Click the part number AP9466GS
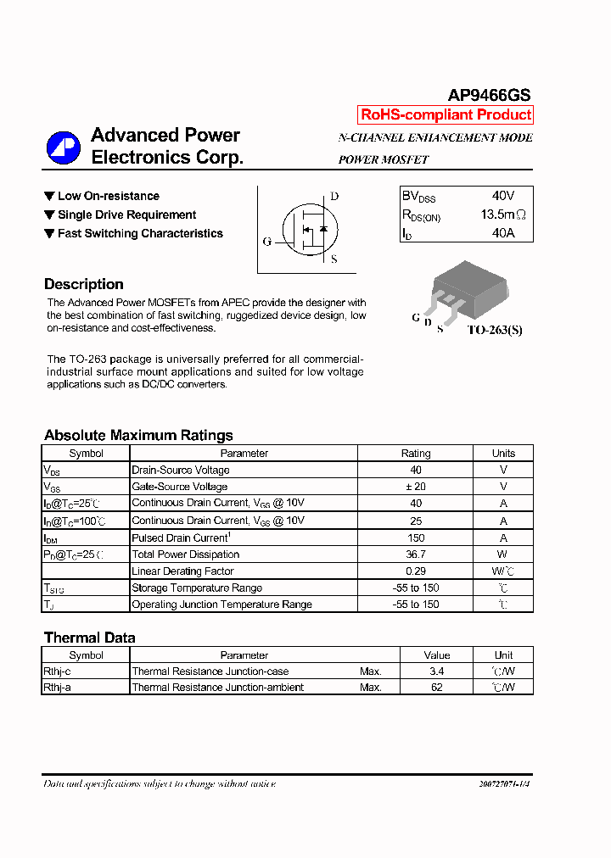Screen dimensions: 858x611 pos(489,96)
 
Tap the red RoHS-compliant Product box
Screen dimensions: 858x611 pos(446,114)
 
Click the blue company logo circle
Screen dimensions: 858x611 pos(64,148)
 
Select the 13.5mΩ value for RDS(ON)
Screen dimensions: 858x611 pos(502,214)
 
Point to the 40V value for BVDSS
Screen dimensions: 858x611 pos(502,196)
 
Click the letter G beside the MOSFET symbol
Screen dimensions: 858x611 pos(267,242)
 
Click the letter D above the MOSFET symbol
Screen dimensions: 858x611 pos(334,197)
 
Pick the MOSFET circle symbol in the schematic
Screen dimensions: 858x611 pos(310,227)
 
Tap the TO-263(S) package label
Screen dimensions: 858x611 pos(495,329)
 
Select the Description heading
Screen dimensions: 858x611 pos(84,284)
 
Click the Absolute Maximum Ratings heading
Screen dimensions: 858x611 pos(138,435)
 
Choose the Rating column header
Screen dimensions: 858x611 pos(416,454)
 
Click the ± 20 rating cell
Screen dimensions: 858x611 pos(416,487)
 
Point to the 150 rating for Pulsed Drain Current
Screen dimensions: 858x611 pos(416,538)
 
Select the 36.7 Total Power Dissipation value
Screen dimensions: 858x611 pos(416,554)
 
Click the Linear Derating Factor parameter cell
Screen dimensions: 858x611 pos(182,571)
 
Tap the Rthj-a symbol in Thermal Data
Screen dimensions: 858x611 pos(58,688)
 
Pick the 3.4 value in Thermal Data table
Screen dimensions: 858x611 pos(437,671)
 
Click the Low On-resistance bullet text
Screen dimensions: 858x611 pos(108,196)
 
